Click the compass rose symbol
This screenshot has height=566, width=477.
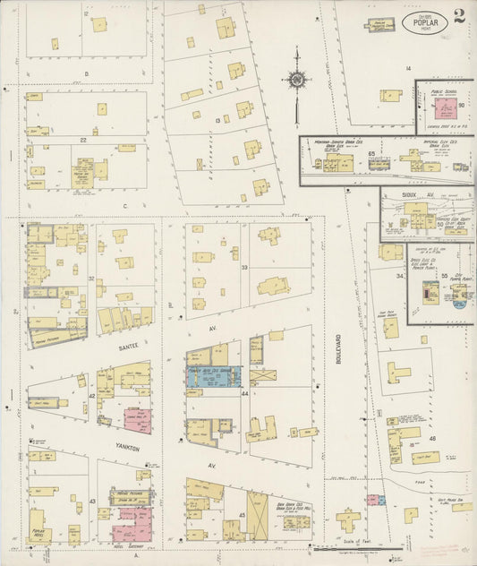coord(296,83)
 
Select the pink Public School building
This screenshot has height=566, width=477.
coord(441,108)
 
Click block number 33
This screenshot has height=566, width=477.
coord(243,266)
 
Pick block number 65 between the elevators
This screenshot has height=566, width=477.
coord(371,154)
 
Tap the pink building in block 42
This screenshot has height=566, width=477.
coord(136,422)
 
